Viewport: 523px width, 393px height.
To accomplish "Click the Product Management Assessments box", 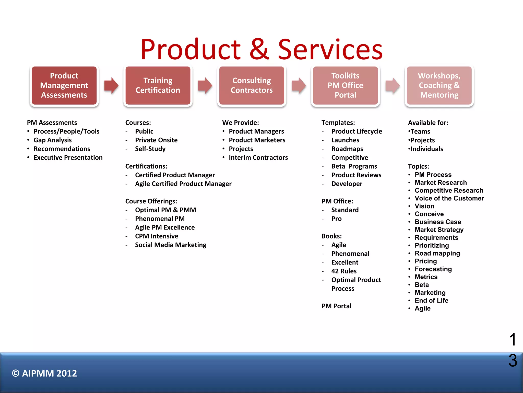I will [x=64, y=85].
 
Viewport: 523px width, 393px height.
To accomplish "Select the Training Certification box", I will [x=158, y=85].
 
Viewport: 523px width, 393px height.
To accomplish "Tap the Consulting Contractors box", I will [x=252, y=85].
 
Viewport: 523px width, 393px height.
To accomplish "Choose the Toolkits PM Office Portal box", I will [x=345, y=85].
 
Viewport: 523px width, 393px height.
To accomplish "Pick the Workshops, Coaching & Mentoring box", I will [x=439, y=85].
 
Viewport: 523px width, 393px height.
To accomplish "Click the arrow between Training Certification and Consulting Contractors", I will [x=205, y=85].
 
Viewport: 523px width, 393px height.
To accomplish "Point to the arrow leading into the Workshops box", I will [x=392, y=85].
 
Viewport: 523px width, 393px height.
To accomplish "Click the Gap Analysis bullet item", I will [x=53, y=140].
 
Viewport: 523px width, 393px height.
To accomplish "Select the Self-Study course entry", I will [x=150, y=149].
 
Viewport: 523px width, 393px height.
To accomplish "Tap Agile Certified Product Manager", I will [x=183, y=184].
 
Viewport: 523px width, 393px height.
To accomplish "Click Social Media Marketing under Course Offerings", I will [x=171, y=245].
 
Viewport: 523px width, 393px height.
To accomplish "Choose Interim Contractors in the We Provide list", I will [x=258, y=158].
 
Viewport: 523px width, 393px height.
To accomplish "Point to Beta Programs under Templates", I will [x=354, y=167].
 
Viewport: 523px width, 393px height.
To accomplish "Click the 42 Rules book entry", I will [x=344, y=271].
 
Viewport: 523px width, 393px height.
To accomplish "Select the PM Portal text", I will [x=336, y=306].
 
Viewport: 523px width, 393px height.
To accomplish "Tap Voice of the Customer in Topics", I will [x=449, y=199].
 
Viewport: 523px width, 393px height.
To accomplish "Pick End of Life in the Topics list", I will [x=431, y=301].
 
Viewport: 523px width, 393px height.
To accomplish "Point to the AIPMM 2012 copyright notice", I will [x=44, y=374].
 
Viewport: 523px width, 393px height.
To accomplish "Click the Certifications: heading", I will [x=146, y=167].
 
